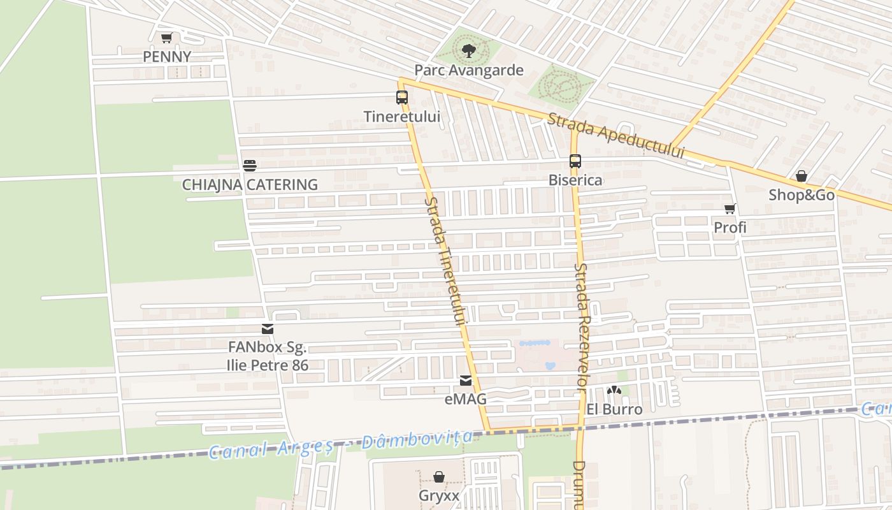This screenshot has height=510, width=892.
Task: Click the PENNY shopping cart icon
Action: pyautogui.click(x=166, y=38)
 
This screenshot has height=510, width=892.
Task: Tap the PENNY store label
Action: pyautogui.click(x=167, y=57)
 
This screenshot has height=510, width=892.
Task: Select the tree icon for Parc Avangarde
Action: pyautogui.click(x=468, y=51)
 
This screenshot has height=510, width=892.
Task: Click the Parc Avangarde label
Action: pyautogui.click(x=469, y=70)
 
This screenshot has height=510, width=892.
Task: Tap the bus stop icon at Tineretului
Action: pyautogui.click(x=402, y=98)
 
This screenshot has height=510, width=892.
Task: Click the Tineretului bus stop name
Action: pyautogui.click(x=402, y=117)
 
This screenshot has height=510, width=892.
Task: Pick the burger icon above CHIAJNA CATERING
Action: pyautogui.click(x=250, y=166)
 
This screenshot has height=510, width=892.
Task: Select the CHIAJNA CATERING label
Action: pyautogui.click(x=250, y=185)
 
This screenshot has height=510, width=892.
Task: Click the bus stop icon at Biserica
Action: pyautogui.click(x=575, y=161)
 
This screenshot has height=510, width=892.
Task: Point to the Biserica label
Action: pyautogui.click(x=575, y=180)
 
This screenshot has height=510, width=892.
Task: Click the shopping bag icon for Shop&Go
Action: pyautogui.click(x=802, y=176)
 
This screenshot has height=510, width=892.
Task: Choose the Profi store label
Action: pyautogui.click(x=730, y=228)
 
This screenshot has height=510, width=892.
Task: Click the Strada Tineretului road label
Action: pyautogui.click(x=446, y=261)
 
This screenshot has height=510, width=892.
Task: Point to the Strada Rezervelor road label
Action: pyautogui.click(x=582, y=326)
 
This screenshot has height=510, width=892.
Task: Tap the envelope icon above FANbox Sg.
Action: pyautogui.click(x=268, y=329)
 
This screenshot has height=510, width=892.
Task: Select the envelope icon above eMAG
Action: pyautogui.click(x=466, y=381)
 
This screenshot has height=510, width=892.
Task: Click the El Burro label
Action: pyautogui.click(x=614, y=409)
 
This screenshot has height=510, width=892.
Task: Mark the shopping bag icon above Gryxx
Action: pyautogui.click(x=439, y=477)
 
